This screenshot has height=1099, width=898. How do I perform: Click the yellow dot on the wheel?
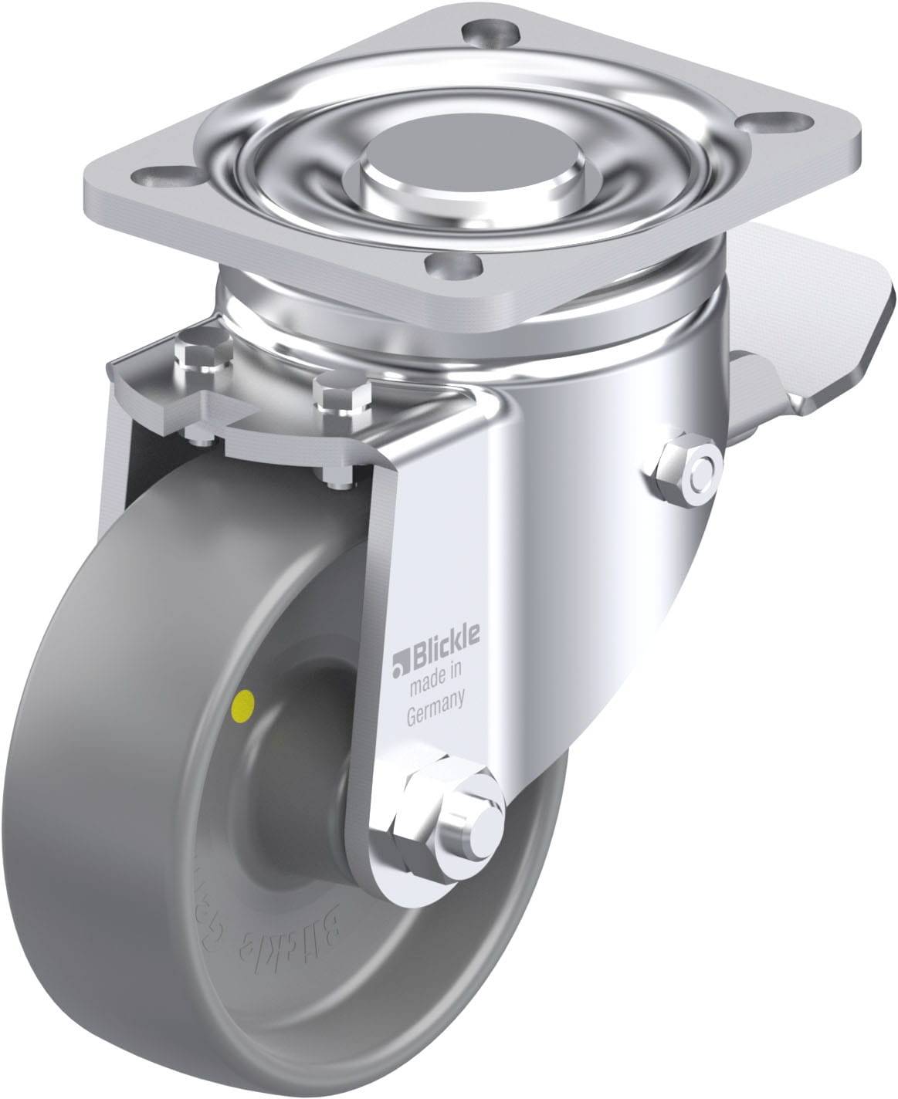(245, 702)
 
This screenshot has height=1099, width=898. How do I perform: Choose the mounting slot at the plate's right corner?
(787, 121)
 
